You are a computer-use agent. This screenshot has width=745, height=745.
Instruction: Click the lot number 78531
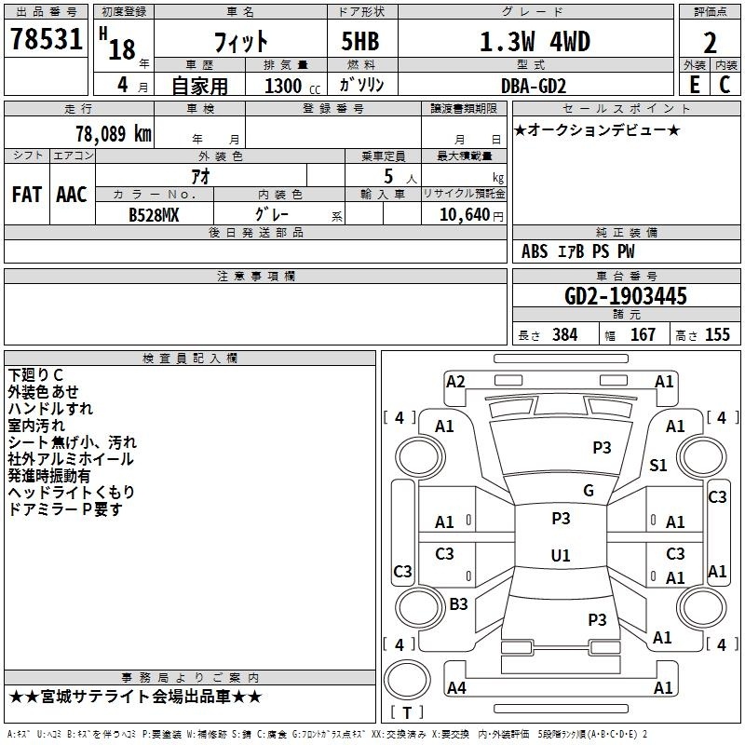coord(47,39)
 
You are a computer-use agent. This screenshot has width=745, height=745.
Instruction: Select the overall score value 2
coord(710,43)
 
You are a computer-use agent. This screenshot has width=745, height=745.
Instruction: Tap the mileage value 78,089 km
coord(114,133)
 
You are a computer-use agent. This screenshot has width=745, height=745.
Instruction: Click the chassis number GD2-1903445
coord(626,296)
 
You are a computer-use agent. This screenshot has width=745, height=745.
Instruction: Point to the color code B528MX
coord(154,215)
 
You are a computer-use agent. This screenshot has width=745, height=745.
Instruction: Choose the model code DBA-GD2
coord(534,86)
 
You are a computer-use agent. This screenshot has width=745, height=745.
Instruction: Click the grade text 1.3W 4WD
coord(535,42)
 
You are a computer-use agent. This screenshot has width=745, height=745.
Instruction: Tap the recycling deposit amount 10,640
coord(465,215)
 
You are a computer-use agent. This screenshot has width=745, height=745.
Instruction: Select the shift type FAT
coord(27,195)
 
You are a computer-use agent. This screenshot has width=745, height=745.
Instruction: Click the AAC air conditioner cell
coord(72,195)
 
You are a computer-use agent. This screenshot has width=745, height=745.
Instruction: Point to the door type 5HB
coord(360,41)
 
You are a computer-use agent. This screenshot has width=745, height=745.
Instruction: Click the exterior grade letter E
coord(694,85)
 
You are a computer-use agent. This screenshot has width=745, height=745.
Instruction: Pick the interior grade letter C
coord(725,85)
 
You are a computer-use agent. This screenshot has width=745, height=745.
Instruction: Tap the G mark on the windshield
coord(589,491)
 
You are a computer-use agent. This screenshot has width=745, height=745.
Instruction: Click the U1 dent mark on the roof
coord(561,555)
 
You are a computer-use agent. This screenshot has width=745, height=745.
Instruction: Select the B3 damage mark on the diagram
coord(458,603)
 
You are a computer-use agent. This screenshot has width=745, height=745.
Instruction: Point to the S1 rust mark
coord(658,465)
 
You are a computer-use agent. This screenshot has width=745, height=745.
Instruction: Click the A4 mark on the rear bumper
coord(456,687)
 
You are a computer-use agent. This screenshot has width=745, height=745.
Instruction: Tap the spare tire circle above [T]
coord(407,680)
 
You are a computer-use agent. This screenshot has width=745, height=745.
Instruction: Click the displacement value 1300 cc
coord(292,86)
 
